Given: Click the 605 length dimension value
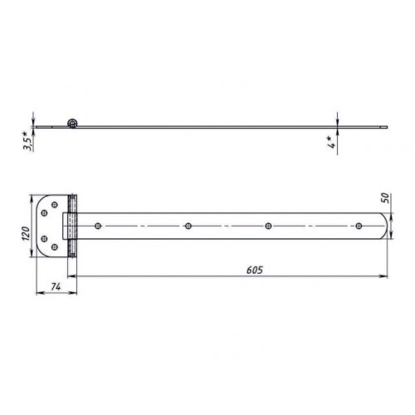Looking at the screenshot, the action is click(255, 270).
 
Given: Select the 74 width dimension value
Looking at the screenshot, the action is click(56, 287).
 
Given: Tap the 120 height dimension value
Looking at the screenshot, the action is click(26, 233).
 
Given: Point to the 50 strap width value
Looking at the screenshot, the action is click(385, 198).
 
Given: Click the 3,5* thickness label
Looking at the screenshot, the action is click(27, 141).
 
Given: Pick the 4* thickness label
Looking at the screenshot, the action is click(331, 142).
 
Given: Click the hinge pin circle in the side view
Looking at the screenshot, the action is click(72, 123).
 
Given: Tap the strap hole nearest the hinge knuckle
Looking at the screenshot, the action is click(98, 226).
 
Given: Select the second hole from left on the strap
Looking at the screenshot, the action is click(188, 226).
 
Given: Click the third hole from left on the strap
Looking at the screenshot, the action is click(268, 226).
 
